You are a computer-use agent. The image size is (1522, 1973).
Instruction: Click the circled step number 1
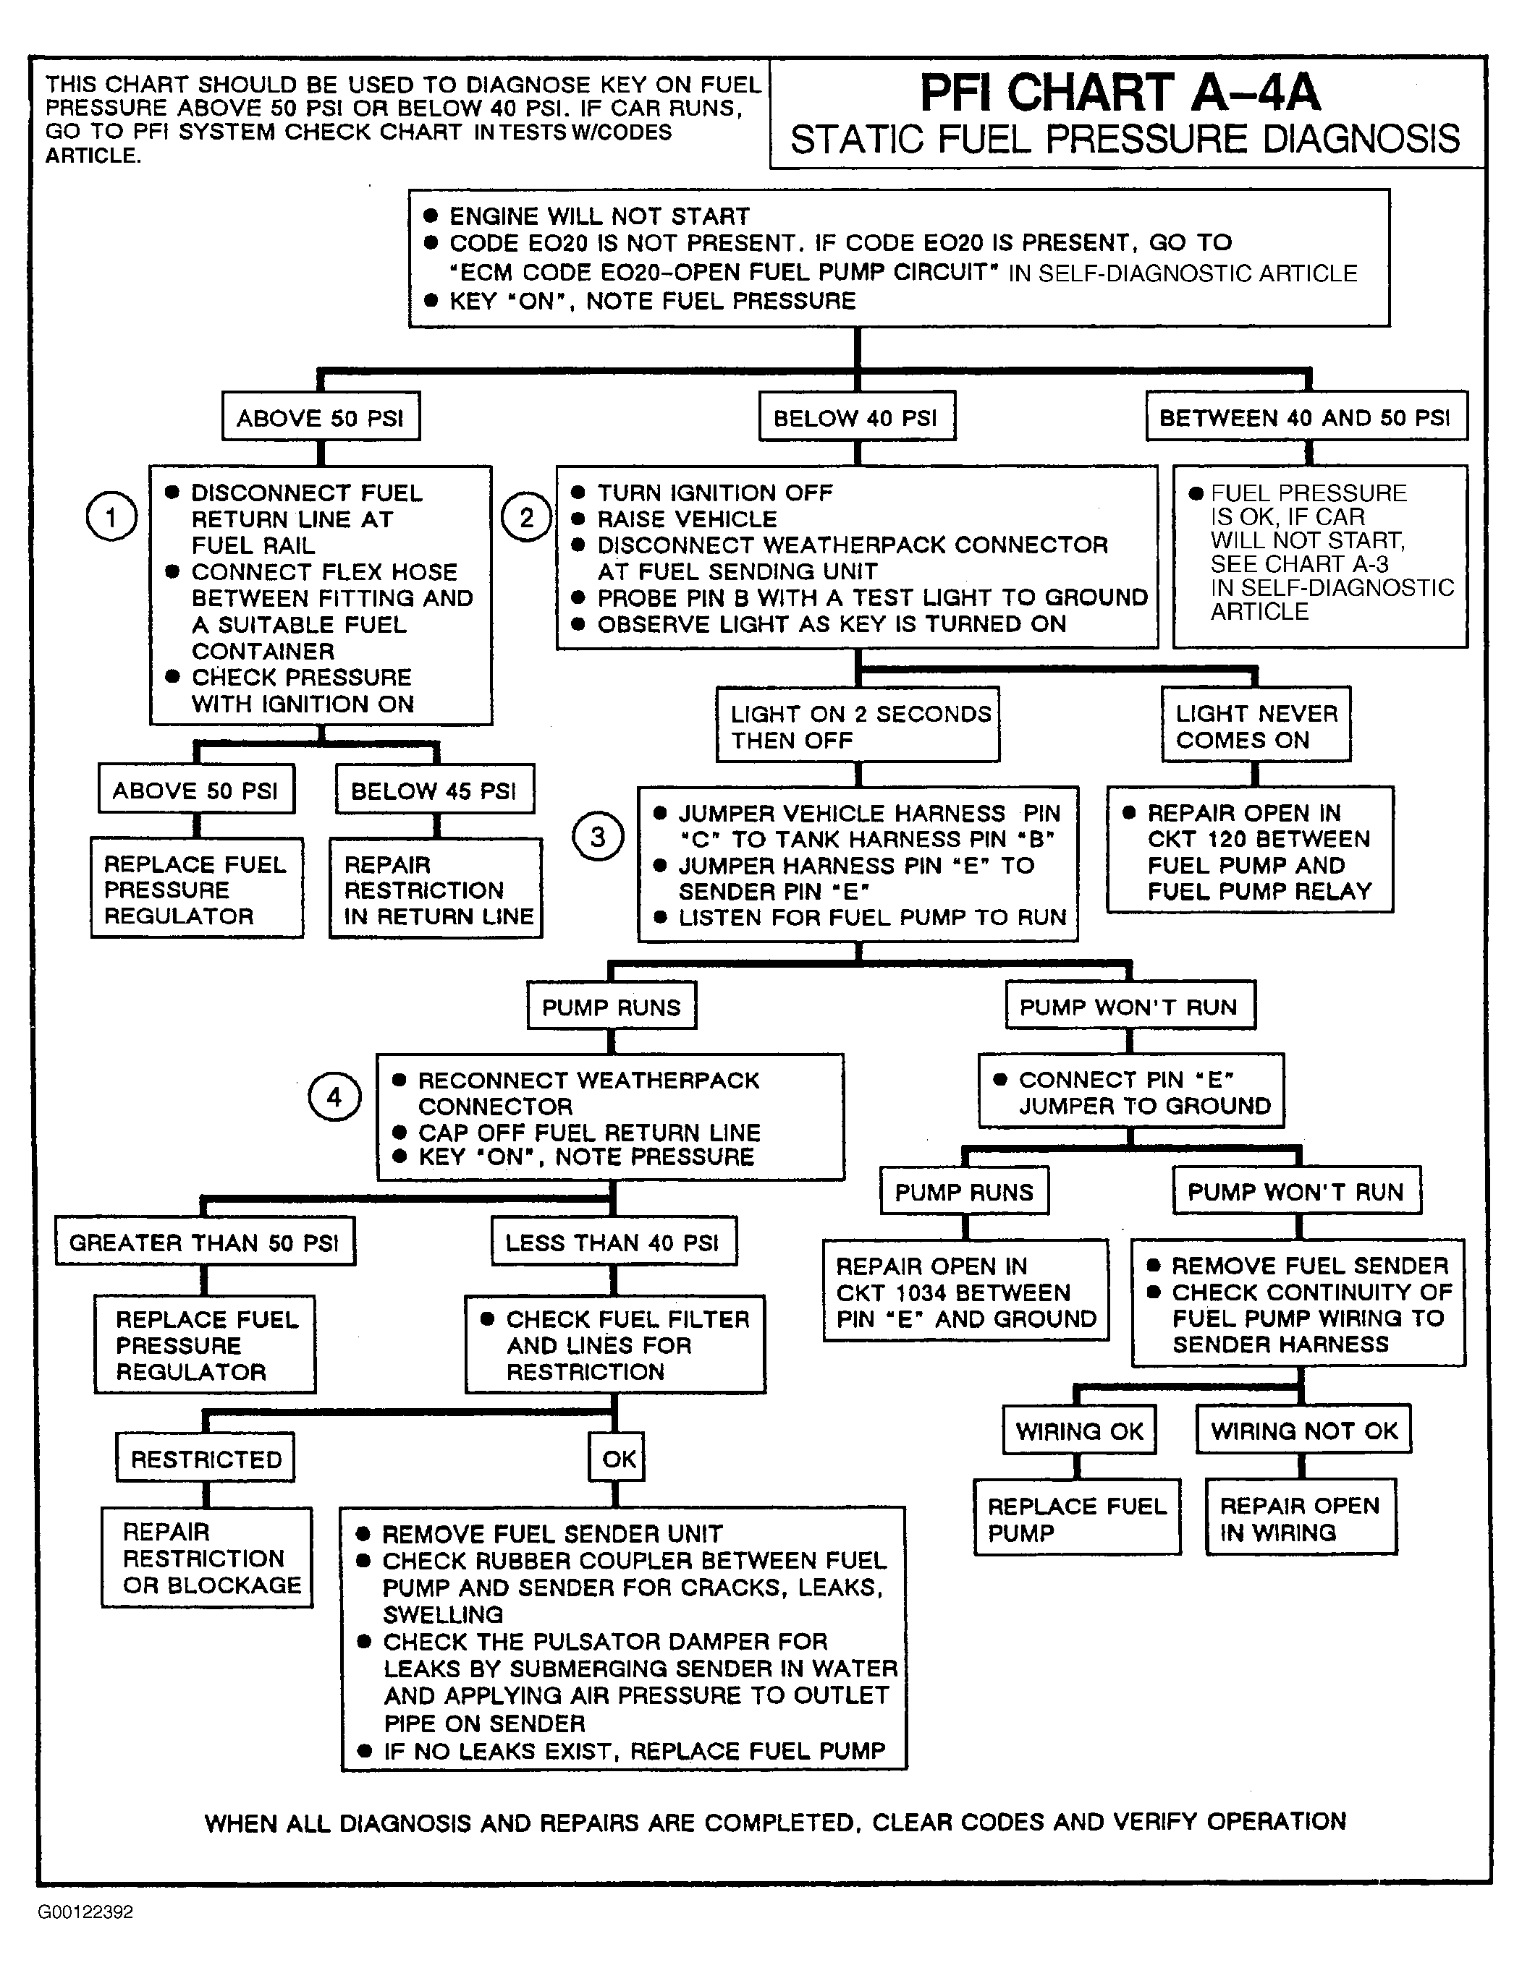(x=111, y=518)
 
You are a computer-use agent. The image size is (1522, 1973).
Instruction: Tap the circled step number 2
(x=526, y=518)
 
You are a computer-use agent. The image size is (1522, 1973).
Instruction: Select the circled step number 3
(x=597, y=837)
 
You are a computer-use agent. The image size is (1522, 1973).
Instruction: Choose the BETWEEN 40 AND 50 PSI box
(x=1306, y=417)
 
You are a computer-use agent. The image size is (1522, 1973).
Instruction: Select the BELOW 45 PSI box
(x=434, y=790)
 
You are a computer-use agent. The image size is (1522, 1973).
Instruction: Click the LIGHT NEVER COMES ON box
(x=1256, y=725)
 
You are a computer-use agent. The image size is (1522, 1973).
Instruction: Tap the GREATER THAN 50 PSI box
(x=204, y=1242)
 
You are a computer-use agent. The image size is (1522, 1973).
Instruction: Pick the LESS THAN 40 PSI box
(x=613, y=1242)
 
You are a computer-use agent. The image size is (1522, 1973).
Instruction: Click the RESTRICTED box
(x=206, y=1458)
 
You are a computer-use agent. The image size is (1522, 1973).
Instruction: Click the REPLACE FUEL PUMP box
(x=1076, y=1519)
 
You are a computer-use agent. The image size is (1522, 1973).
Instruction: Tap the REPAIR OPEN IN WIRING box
(x=1301, y=1519)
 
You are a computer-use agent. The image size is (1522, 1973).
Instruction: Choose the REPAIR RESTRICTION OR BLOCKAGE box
(x=207, y=1559)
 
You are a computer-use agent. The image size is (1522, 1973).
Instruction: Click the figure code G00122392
(x=86, y=1911)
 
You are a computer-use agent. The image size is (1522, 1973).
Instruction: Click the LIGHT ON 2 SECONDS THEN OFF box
(x=858, y=726)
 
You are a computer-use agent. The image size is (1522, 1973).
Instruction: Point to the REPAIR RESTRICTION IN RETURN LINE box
(x=436, y=890)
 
